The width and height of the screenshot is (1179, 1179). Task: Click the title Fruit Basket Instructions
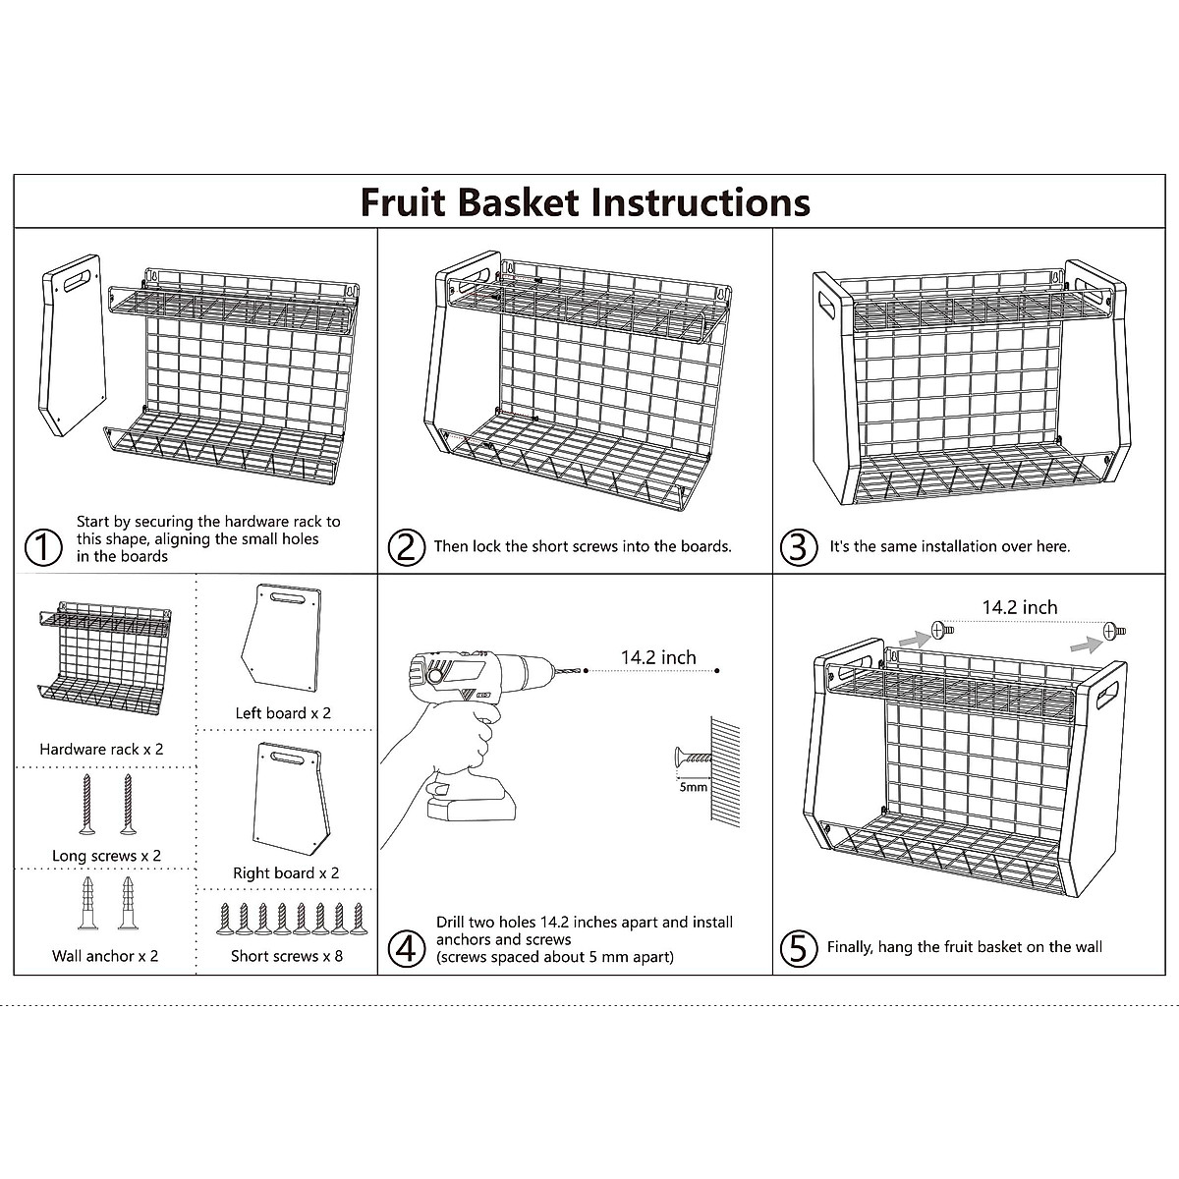586,202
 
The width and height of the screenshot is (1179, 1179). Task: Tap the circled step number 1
42,547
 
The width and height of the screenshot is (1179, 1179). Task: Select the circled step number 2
406,547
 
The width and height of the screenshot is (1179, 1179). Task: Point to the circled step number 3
798,547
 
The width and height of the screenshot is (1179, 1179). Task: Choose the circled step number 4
406,949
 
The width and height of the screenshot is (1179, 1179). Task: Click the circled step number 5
798,948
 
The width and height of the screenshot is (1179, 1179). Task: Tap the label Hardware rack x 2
101,749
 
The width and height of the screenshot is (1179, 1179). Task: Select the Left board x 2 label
283,713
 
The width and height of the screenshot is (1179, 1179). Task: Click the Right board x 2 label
286,872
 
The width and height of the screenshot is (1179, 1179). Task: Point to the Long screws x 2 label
106,856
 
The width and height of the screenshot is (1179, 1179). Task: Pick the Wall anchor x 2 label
105,955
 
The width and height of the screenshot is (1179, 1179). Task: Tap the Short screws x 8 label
287,955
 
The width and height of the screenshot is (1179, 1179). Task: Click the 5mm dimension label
692,787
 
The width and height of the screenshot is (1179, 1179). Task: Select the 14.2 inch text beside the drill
658,657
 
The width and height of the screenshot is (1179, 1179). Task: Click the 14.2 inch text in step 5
1020,607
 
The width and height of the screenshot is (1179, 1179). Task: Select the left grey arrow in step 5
912,638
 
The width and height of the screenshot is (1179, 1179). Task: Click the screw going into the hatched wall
690,758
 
